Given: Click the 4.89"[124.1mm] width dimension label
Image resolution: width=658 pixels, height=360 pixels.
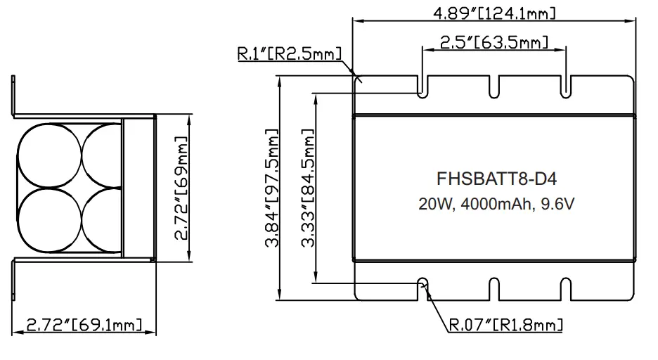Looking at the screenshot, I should click(495, 12).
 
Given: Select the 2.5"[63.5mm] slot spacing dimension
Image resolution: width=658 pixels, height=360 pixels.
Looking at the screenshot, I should click(493, 42).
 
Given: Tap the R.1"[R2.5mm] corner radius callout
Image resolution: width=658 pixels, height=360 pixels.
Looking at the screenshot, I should click(289, 54).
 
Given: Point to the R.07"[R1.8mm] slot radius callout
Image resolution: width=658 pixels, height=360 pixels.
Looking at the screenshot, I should click(506, 325).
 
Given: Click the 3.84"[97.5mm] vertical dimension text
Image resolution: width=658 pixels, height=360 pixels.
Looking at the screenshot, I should click(271, 188).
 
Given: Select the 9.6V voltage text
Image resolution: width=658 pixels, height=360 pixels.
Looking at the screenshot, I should click(561, 205).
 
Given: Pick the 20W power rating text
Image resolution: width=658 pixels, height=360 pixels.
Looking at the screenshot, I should click(435, 205).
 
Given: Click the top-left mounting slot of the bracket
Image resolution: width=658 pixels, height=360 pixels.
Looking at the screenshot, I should click(422, 84).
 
